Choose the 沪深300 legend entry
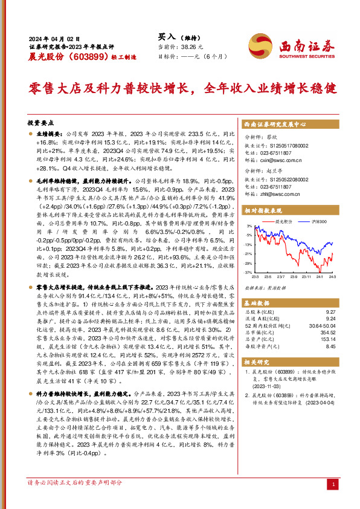pyautogui.click(x=318, y=222)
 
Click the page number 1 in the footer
pyautogui.click(x=334, y=485)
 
